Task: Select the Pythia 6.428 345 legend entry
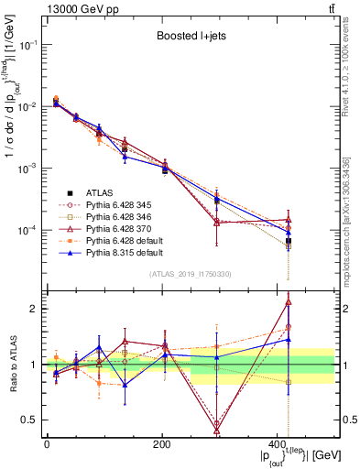pos(107,204)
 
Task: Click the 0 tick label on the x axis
pos(47,444)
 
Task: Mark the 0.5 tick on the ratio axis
pos(30,420)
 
